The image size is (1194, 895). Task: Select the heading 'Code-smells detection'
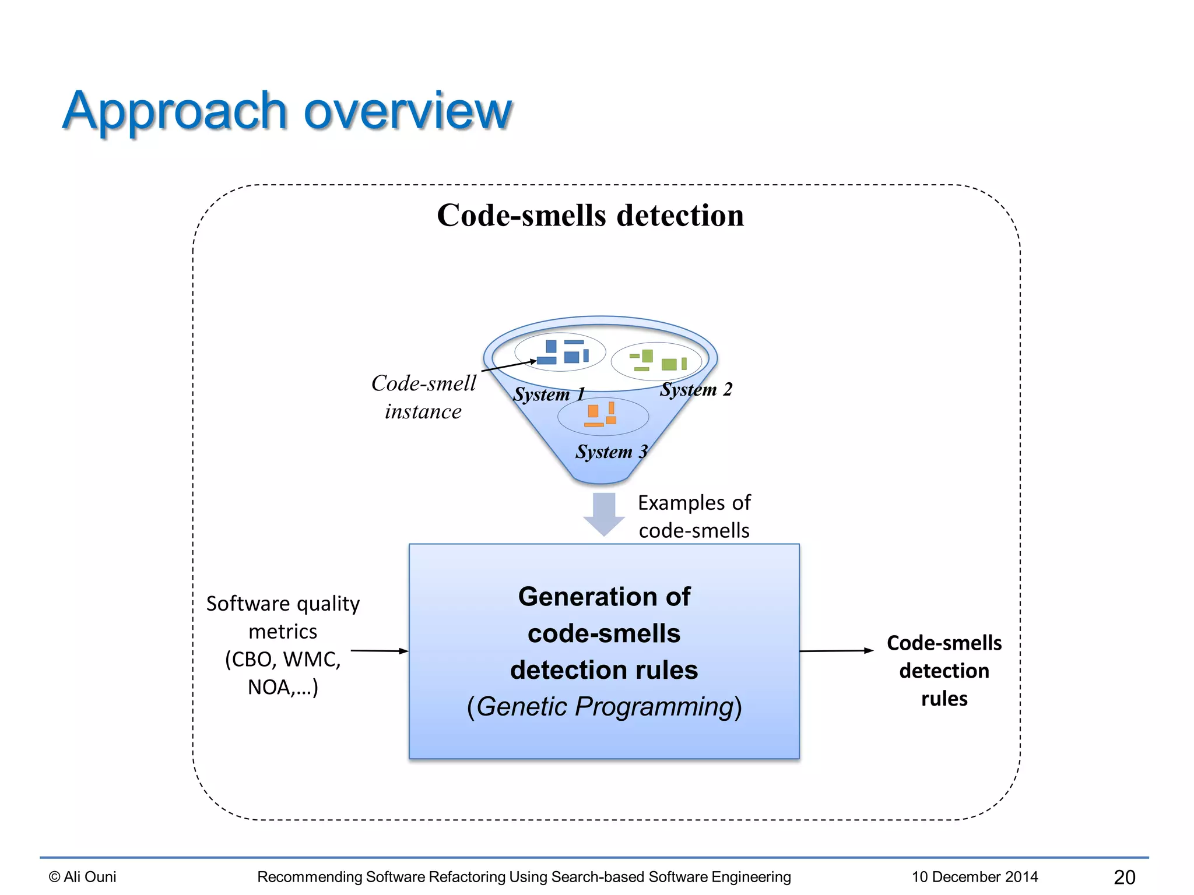click(590, 216)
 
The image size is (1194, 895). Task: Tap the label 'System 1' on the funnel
click(548, 394)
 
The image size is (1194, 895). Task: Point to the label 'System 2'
click(696, 389)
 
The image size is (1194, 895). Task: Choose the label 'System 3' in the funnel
click(611, 452)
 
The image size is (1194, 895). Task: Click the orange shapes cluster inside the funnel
click(602, 415)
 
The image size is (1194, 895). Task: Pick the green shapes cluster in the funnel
click(658, 361)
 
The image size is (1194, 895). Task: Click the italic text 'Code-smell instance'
click(424, 397)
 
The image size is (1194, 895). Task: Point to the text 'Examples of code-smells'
click(694, 516)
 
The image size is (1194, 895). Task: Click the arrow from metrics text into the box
click(379, 650)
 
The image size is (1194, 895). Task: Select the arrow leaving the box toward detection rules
click(836, 650)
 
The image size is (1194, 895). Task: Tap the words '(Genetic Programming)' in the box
click(604, 707)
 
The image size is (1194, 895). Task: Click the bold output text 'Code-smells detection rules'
click(944, 671)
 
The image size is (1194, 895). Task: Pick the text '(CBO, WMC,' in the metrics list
click(283, 660)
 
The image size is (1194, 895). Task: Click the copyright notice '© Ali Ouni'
click(82, 876)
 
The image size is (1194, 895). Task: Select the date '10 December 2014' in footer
click(974, 876)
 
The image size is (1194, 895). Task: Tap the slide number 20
click(1124, 877)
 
